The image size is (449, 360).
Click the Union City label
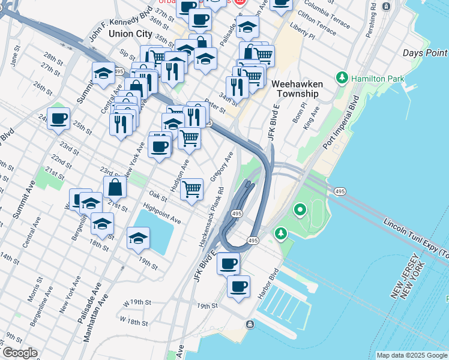click(x=128, y=34)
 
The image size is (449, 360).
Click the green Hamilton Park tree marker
click(x=342, y=78)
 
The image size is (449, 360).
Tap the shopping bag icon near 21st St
click(x=115, y=187)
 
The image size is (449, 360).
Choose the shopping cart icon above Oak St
click(x=191, y=190)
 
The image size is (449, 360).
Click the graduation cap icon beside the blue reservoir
click(x=138, y=238)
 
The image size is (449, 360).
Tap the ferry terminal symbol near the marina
click(x=249, y=325)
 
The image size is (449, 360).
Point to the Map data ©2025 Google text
click(x=411, y=355)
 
